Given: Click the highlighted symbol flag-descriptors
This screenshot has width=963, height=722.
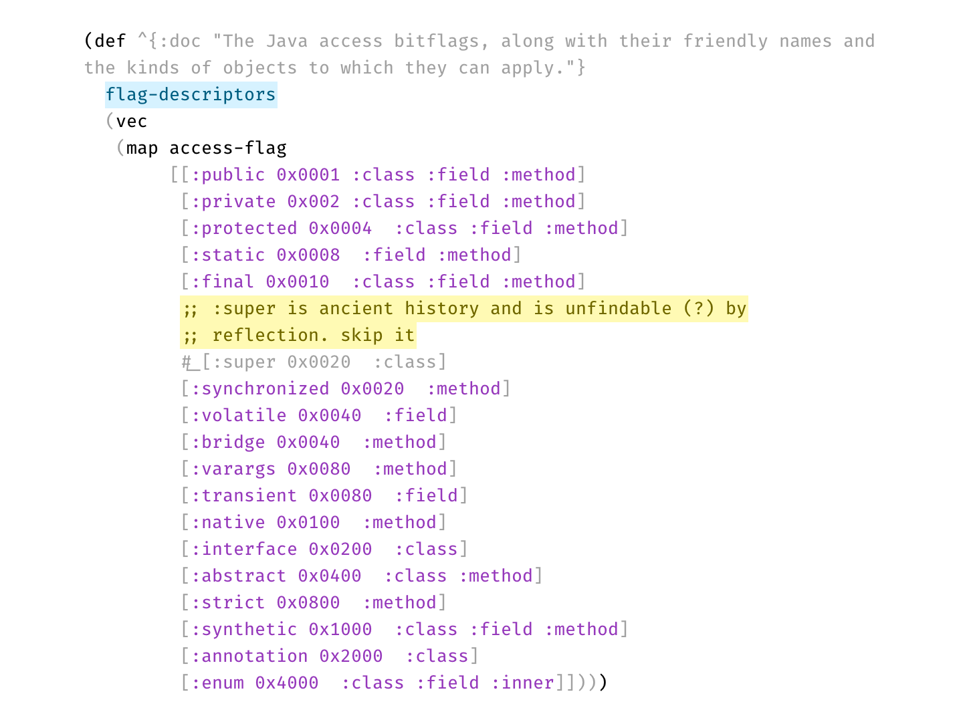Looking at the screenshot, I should tap(191, 95).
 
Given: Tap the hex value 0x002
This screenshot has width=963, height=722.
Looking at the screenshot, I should tap(314, 202).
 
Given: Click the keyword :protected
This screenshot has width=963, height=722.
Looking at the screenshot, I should tap(244, 229).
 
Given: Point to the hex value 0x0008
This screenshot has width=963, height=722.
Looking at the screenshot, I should tap(308, 255).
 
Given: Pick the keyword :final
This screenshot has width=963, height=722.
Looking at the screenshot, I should tap(223, 282).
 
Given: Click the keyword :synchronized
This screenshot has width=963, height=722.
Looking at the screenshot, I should tap(260, 389).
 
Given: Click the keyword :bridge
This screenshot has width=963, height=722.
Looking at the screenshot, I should tap(228, 443).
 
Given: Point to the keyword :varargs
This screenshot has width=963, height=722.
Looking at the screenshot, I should tap(233, 469).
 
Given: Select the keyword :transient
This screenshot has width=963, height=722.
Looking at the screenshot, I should tap(244, 496).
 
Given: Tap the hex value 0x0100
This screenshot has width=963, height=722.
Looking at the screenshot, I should tap(308, 523).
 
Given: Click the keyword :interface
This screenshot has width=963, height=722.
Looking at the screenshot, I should tap(244, 550).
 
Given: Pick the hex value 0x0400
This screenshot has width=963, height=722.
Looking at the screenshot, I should tap(330, 576).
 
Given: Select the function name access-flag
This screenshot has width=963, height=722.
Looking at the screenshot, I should tap(228, 148).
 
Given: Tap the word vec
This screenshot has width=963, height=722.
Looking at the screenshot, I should tap(132, 122).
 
